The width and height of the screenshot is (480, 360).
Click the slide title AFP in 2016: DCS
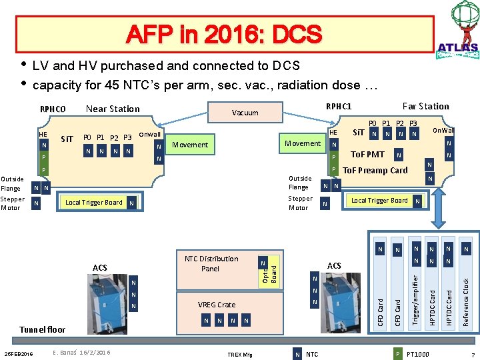coord(225,34)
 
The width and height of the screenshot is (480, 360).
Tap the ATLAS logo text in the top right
coord(457,47)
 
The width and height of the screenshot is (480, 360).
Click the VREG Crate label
coord(217,305)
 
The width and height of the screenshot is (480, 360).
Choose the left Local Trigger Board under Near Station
coord(94,203)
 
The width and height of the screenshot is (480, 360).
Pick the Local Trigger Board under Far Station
coord(379,201)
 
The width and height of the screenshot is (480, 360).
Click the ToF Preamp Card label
coord(375,170)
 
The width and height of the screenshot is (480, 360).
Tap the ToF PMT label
coord(367,155)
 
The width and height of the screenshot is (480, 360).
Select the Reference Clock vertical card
coord(466,283)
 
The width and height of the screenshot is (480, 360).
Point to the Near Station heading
coord(113,109)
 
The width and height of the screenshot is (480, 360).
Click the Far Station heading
coord(425,106)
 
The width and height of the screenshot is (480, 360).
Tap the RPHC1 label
coord(338,106)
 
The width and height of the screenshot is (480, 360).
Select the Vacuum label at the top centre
coord(245,113)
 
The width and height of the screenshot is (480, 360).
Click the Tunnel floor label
coord(43,329)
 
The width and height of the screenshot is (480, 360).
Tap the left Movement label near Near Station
coord(190,145)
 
